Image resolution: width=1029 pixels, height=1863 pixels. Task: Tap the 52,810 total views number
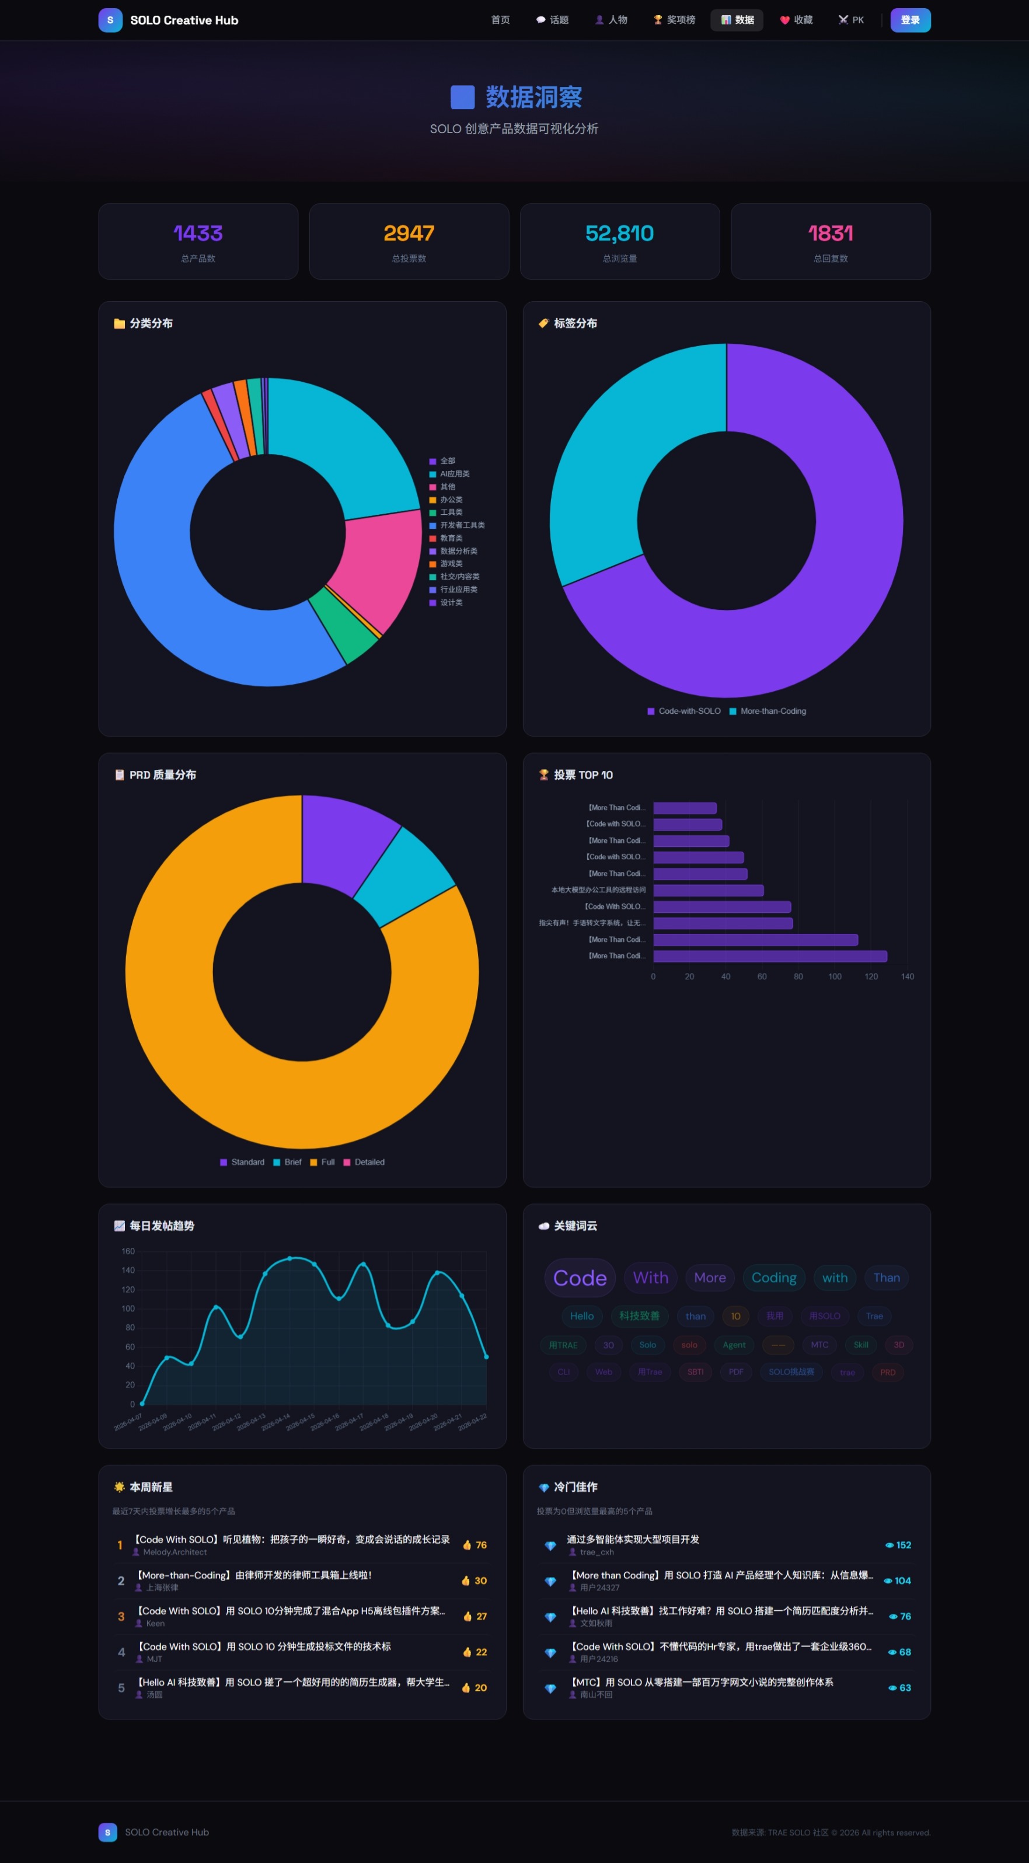pos(619,233)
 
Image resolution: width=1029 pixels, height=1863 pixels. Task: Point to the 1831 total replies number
pos(830,233)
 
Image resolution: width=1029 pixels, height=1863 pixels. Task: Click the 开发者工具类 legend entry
pos(461,525)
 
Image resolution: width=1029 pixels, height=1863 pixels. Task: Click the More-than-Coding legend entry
pos(772,711)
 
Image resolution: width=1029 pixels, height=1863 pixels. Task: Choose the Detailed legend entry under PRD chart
pos(369,1162)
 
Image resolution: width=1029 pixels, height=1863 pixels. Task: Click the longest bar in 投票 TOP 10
pos(769,956)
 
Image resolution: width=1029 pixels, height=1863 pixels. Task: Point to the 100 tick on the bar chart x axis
pos(835,976)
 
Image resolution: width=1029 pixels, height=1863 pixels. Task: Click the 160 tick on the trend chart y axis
pos(128,1251)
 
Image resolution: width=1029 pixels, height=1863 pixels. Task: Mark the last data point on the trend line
pos(486,1357)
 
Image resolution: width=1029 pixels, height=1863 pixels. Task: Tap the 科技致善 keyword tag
pos(639,1316)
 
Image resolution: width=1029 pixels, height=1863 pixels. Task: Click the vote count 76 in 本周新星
pos(480,1545)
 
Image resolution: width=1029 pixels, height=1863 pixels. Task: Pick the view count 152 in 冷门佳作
pos(902,1545)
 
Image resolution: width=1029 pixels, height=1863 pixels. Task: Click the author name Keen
pos(155,1623)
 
